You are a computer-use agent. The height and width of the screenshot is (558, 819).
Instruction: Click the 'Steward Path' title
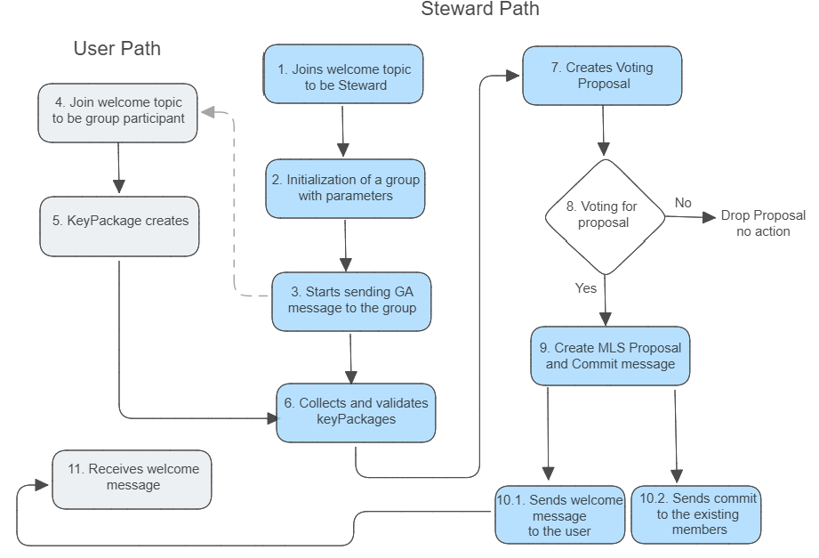479,10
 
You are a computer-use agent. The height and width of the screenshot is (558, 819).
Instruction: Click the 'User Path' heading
116,49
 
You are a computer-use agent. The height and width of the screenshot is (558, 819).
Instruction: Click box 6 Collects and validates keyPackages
356,410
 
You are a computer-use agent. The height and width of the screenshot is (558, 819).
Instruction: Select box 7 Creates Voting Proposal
602,75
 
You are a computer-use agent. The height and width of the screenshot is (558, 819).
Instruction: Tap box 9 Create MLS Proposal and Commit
610,355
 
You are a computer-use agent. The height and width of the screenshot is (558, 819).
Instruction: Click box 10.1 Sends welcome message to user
559,515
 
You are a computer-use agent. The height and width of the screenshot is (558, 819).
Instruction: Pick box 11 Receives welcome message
132,477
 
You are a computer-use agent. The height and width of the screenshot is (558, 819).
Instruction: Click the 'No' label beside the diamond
683,203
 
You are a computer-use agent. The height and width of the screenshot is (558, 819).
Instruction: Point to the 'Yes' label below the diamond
587,288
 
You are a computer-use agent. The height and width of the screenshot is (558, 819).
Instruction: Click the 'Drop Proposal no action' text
763,223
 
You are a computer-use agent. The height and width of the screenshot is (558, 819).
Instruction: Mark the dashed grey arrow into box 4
233,196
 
